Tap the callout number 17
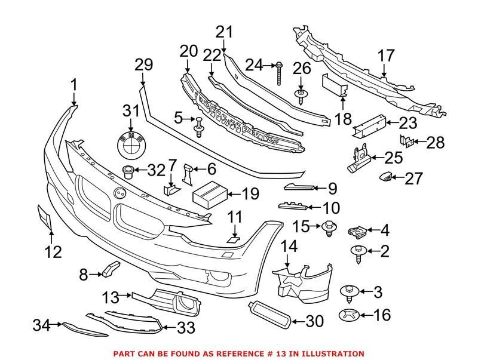click(x=386, y=56)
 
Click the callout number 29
click(x=143, y=64)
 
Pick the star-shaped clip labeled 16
click(x=348, y=314)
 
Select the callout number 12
click(x=53, y=252)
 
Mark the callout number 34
click(x=41, y=325)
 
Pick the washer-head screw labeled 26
click(x=302, y=94)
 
